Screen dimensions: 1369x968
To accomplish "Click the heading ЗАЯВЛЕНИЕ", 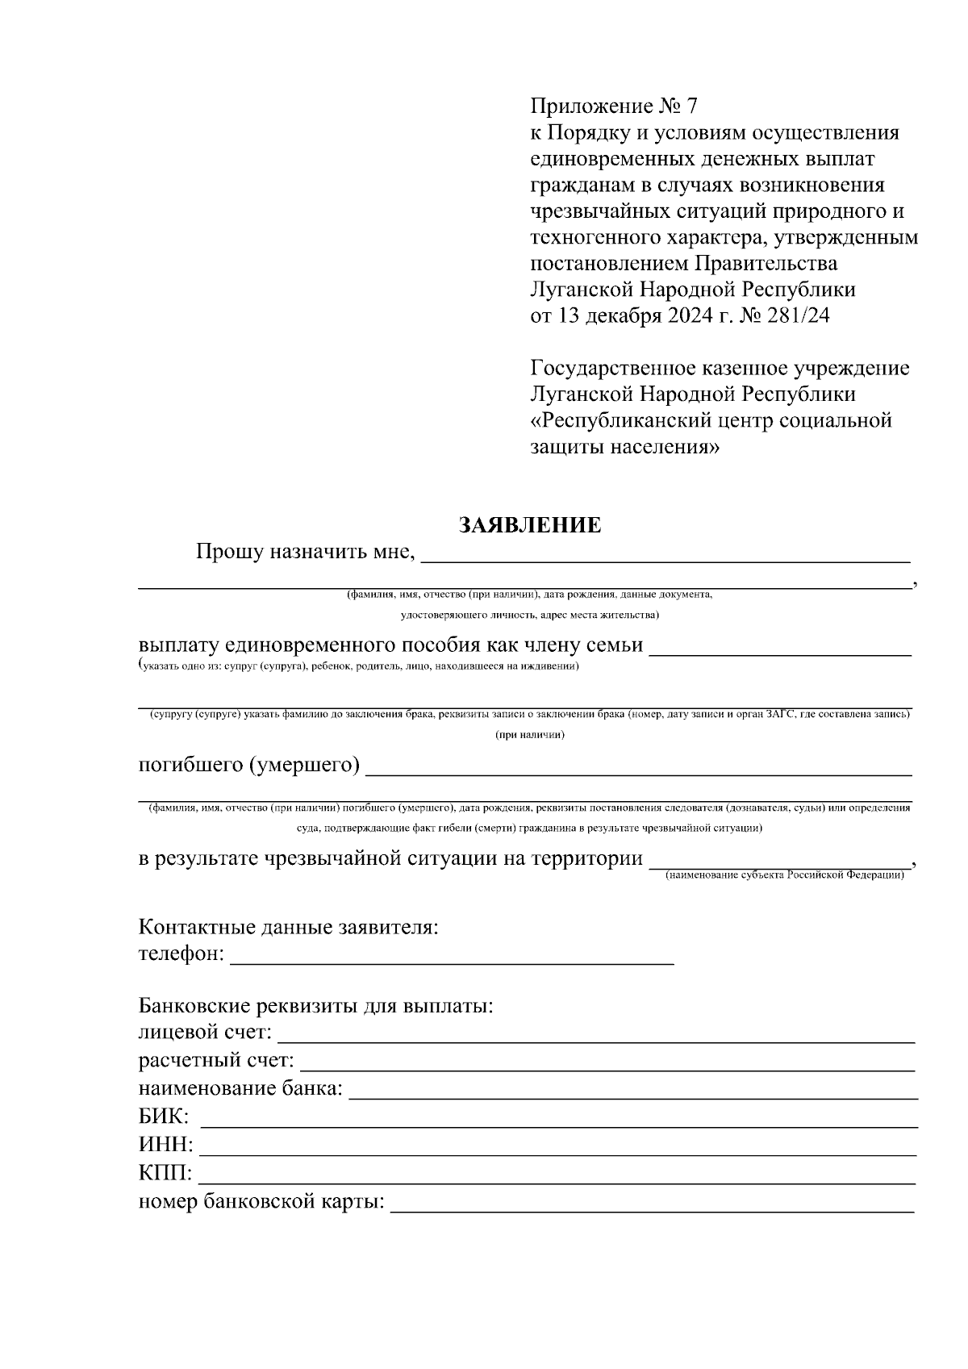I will click(530, 526).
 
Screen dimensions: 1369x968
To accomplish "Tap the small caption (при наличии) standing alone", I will click(529, 735).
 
